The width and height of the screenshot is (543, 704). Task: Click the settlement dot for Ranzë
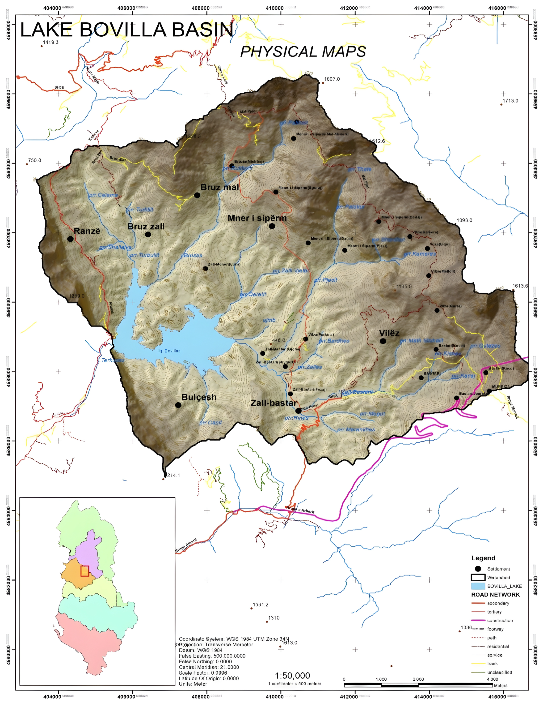click(x=71, y=239)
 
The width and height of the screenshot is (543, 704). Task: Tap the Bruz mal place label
click(x=220, y=187)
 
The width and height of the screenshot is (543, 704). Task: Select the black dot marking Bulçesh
click(x=178, y=405)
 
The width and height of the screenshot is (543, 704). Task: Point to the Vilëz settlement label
click(x=389, y=333)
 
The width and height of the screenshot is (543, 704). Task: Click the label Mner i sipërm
click(x=257, y=218)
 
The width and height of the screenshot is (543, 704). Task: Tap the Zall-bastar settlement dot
click(x=298, y=411)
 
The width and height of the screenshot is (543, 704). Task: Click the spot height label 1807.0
click(x=332, y=79)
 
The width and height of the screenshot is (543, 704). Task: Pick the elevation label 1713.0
click(x=510, y=101)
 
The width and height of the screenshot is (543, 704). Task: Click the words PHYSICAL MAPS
click(x=303, y=52)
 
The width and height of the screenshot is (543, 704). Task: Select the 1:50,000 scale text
click(x=292, y=676)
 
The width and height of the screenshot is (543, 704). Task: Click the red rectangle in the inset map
click(x=85, y=580)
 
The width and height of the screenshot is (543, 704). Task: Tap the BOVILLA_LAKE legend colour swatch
click(x=478, y=586)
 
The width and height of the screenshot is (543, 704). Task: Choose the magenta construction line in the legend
click(x=478, y=620)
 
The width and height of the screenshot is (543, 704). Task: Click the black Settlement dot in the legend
click(x=478, y=569)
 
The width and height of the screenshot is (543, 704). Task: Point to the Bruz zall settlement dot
click(x=148, y=234)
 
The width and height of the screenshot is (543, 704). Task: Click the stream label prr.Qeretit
click(x=253, y=294)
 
